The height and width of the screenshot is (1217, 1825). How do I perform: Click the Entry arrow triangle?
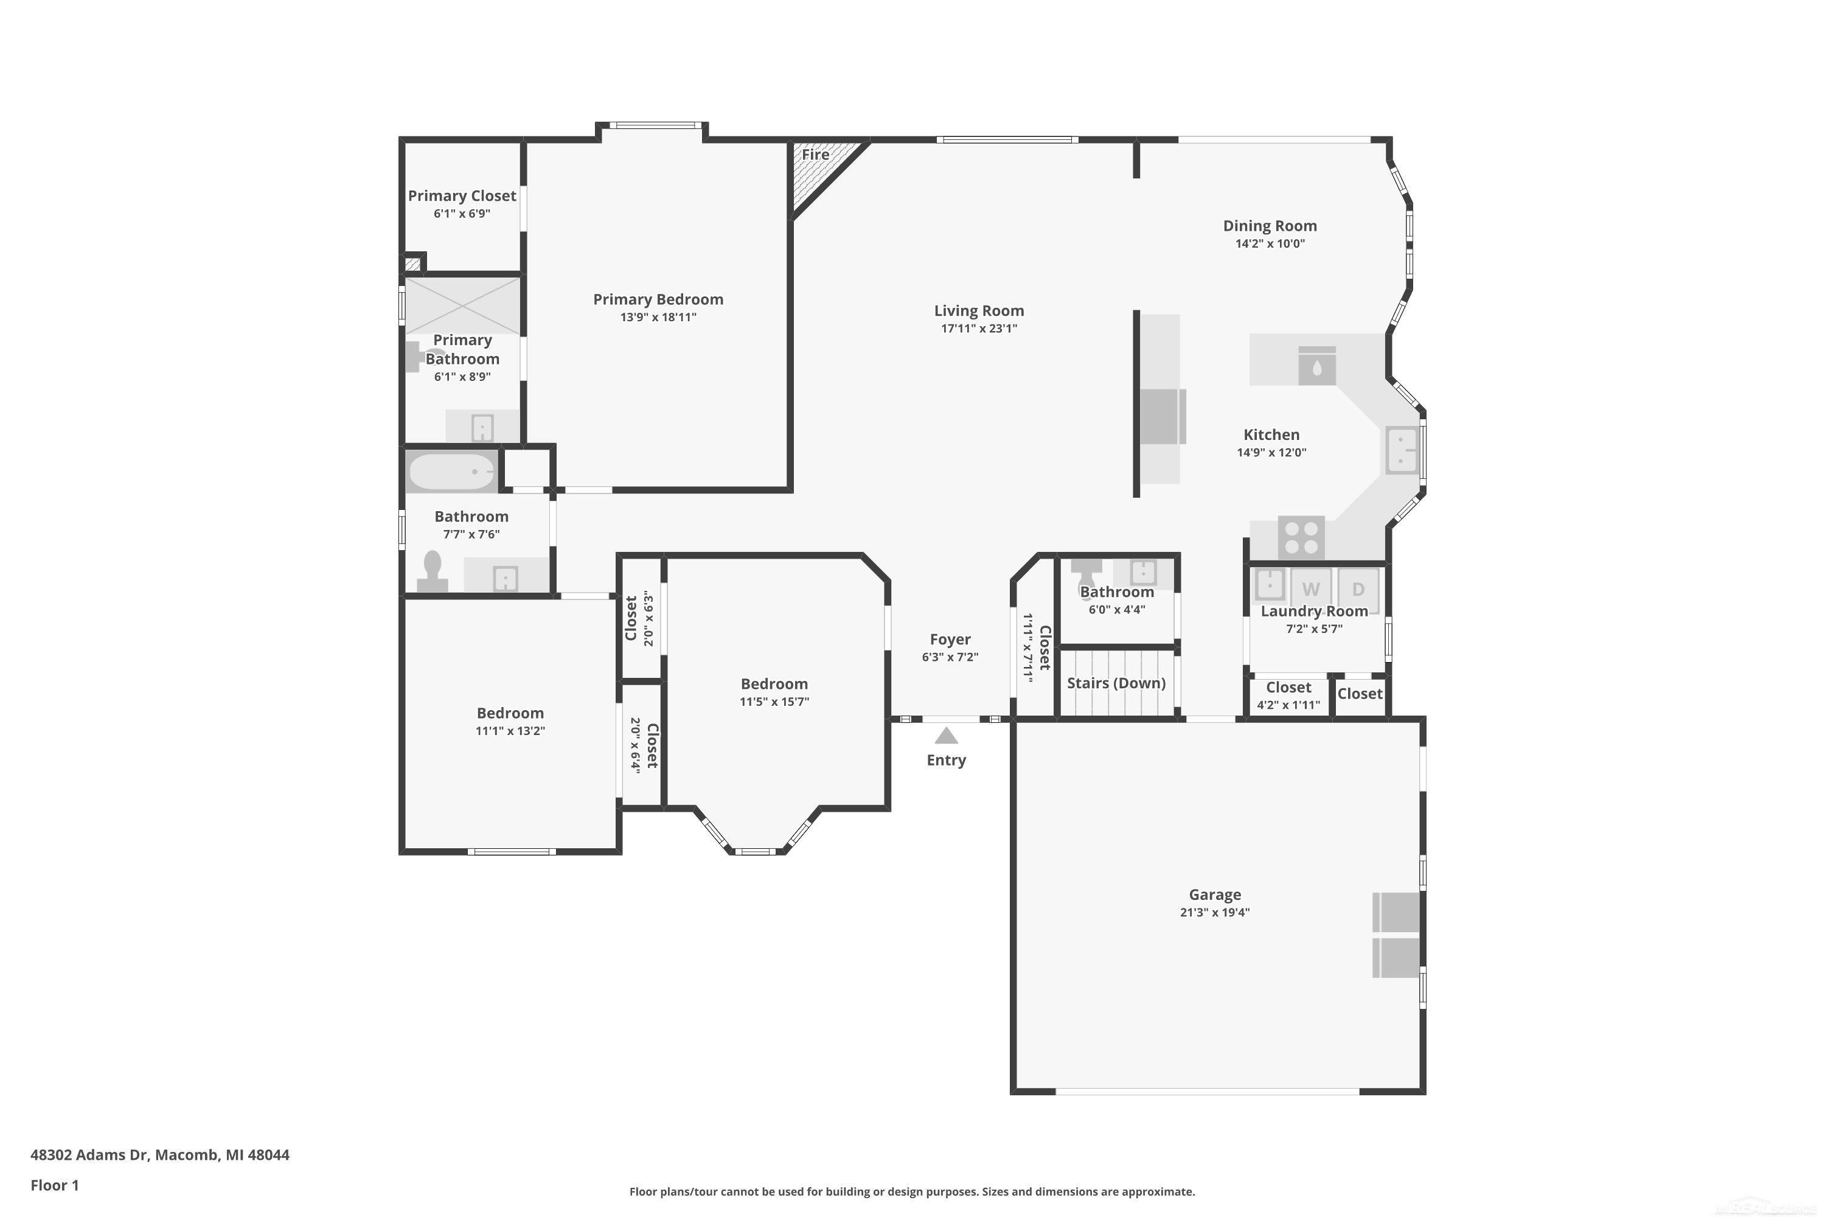(946, 735)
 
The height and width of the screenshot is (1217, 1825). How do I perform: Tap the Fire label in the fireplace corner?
(816, 155)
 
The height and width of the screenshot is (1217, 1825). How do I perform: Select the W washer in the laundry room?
(1310, 588)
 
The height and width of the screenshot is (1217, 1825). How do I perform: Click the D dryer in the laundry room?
(1358, 588)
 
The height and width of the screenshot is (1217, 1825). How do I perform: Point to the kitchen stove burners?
(1301, 537)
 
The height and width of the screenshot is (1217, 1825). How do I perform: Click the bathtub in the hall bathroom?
(451, 472)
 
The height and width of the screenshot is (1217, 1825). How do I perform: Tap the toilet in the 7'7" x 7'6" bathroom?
(432, 571)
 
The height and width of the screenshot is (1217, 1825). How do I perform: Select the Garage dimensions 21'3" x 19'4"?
(1214, 912)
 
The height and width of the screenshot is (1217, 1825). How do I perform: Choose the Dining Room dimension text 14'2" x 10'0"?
(1270, 243)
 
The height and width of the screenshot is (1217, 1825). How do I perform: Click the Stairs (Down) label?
(1116, 683)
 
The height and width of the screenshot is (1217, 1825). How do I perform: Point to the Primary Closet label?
(462, 195)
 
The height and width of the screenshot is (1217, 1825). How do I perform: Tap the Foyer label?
(950, 639)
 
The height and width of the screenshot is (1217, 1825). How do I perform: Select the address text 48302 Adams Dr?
(88, 1154)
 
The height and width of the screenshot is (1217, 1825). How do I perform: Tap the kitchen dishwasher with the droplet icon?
(1317, 366)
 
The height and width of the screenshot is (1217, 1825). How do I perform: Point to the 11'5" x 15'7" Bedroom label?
(774, 684)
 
